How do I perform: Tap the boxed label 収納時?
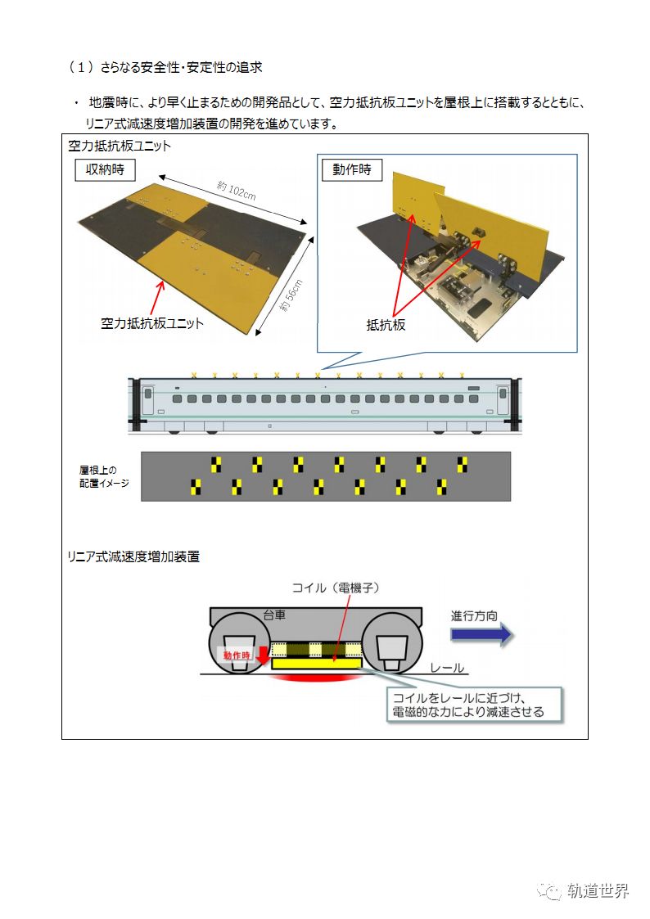point(105,170)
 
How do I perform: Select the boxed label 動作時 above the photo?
point(352,170)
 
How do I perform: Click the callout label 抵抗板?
point(386,325)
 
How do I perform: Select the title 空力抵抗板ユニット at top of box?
point(120,146)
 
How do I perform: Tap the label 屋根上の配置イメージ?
point(98,476)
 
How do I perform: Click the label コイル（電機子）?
point(336,588)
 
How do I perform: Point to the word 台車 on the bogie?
point(275,615)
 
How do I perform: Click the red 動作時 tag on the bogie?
point(237,655)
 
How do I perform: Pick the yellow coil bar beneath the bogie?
point(317,664)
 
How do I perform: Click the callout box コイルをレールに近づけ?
point(467,704)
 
